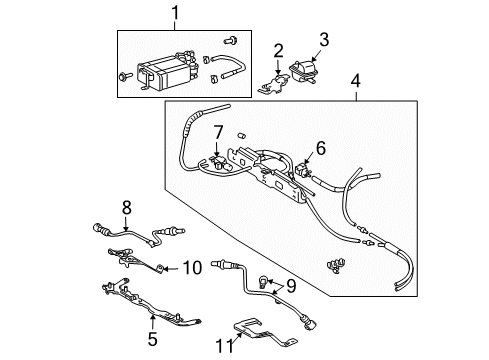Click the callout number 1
pyautogui.click(x=177, y=16)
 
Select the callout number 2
pyautogui.click(x=279, y=49)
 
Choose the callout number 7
pyautogui.click(x=217, y=131)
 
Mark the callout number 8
pyautogui.click(x=127, y=208)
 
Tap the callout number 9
pyautogui.click(x=290, y=285)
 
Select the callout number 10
pyautogui.click(x=193, y=266)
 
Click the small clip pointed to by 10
pyautogui.click(x=161, y=267)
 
